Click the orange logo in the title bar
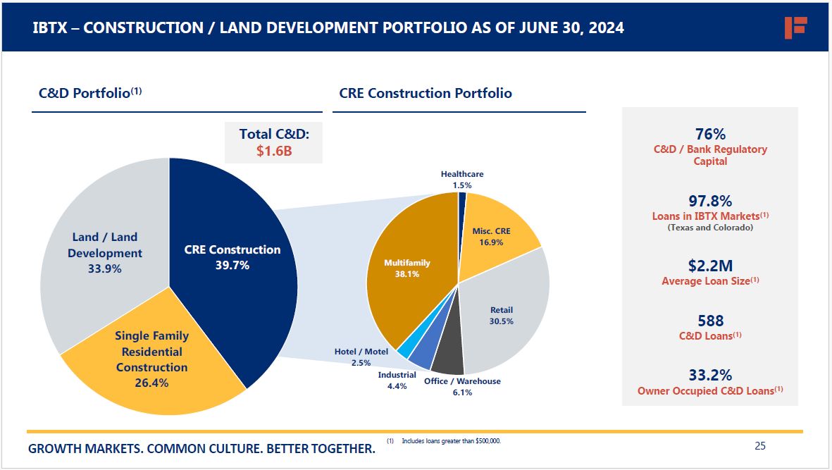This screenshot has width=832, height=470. (795, 27)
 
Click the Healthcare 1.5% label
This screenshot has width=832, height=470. (462, 180)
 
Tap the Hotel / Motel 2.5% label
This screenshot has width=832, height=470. (361, 357)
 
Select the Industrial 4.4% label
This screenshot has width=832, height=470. (397, 381)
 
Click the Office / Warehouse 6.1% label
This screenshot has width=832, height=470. (462, 387)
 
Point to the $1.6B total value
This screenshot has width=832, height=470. (274, 151)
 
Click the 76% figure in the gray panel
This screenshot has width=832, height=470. (709, 134)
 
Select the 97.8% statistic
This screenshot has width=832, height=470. (709, 202)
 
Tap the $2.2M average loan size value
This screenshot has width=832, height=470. (709, 266)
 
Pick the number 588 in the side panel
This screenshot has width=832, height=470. (710, 321)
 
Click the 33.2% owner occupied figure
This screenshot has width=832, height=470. (709, 375)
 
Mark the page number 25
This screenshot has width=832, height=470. (759, 445)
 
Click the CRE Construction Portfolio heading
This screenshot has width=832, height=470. (426, 93)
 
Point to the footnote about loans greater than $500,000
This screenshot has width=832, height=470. (450, 441)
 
